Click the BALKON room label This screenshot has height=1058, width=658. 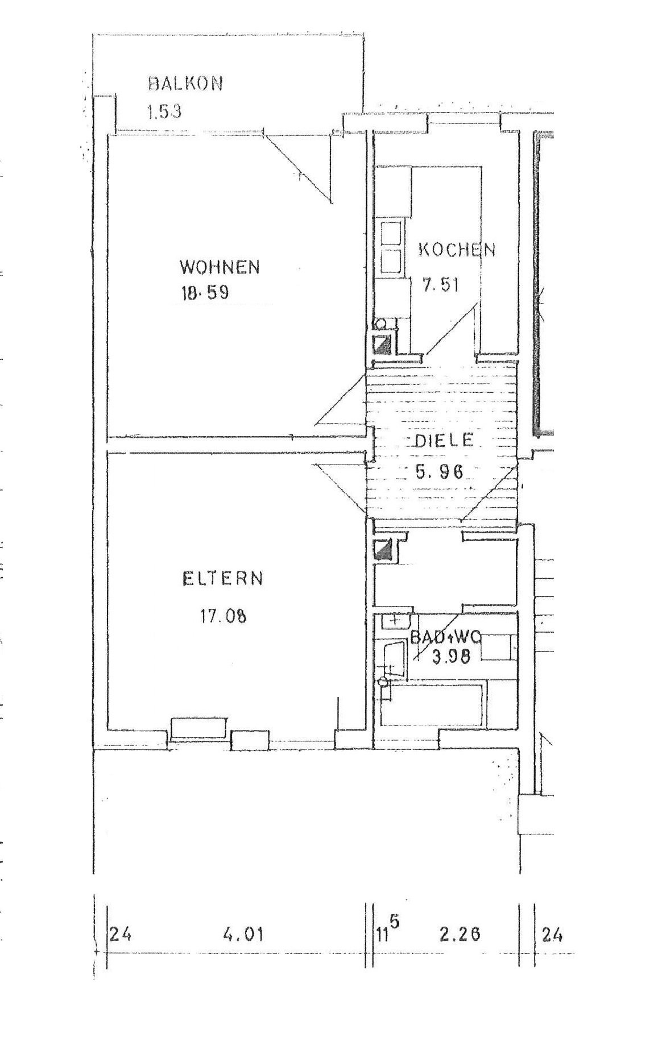pos(185,84)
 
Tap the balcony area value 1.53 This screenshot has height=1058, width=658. pos(164,111)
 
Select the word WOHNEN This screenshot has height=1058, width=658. pos(220,267)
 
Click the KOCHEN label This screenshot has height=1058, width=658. pos(457,250)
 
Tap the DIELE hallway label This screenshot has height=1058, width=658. pos(444,441)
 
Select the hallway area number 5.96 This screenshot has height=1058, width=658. pos(440,471)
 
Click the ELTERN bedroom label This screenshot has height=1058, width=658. pos(222,579)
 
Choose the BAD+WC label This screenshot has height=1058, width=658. pos(446,637)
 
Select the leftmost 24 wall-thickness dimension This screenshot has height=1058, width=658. pos(120,934)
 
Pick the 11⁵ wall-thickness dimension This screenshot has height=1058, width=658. pos(388,932)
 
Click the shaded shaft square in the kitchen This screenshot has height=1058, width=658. pos(381,343)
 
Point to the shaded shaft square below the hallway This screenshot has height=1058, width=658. pos(383,550)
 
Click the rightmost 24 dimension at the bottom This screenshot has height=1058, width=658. pos(552,934)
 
